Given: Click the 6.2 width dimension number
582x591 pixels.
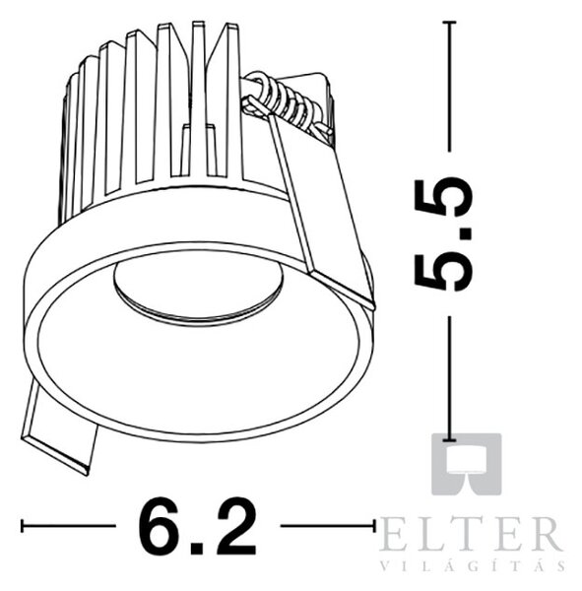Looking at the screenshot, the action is [x=198, y=526].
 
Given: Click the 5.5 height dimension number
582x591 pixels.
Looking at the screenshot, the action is [x=443, y=234].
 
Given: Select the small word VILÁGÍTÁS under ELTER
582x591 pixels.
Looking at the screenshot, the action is [x=473, y=565].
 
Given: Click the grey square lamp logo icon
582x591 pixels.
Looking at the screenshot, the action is [x=466, y=464].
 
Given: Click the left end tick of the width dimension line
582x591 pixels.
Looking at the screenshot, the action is [x=23, y=526].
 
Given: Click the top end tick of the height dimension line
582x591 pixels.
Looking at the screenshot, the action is [x=449, y=23].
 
